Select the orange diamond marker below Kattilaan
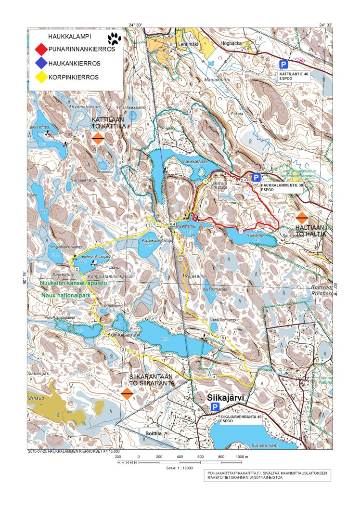coord(98,139)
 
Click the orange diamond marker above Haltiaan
coord(302,218)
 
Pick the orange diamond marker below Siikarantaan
coord(127,393)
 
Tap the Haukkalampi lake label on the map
coord(194,162)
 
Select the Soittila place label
coord(154,432)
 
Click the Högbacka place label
coord(229,49)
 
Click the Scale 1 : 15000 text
coord(179,468)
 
